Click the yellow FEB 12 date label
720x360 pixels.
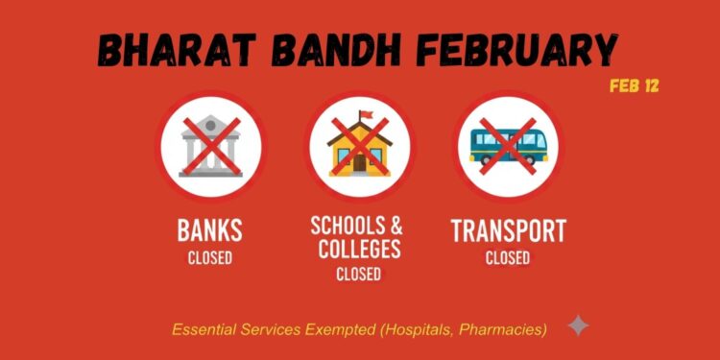(x=634, y=86)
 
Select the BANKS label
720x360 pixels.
(x=209, y=231)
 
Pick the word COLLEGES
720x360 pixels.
(x=358, y=250)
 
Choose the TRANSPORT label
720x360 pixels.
(x=508, y=231)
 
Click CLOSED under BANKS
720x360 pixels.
(x=209, y=257)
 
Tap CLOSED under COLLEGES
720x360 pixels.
(x=358, y=275)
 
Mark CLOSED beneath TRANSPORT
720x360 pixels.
(x=508, y=257)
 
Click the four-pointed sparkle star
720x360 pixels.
(x=578, y=326)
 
